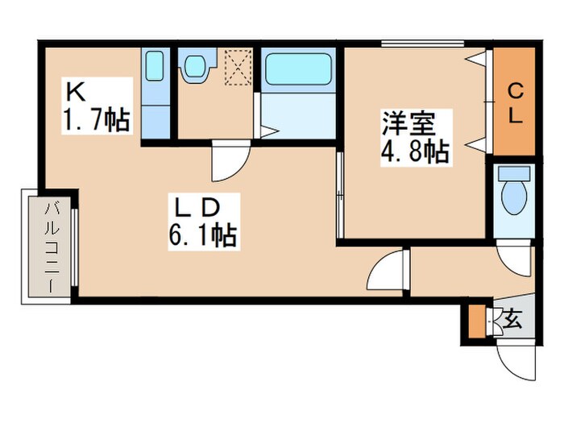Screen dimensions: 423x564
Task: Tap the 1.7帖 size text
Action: pyautogui.click(x=96, y=121)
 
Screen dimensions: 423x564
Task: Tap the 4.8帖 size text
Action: pyautogui.click(x=415, y=151)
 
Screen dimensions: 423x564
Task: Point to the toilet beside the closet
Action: pyautogui.click(x=512, y=193)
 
